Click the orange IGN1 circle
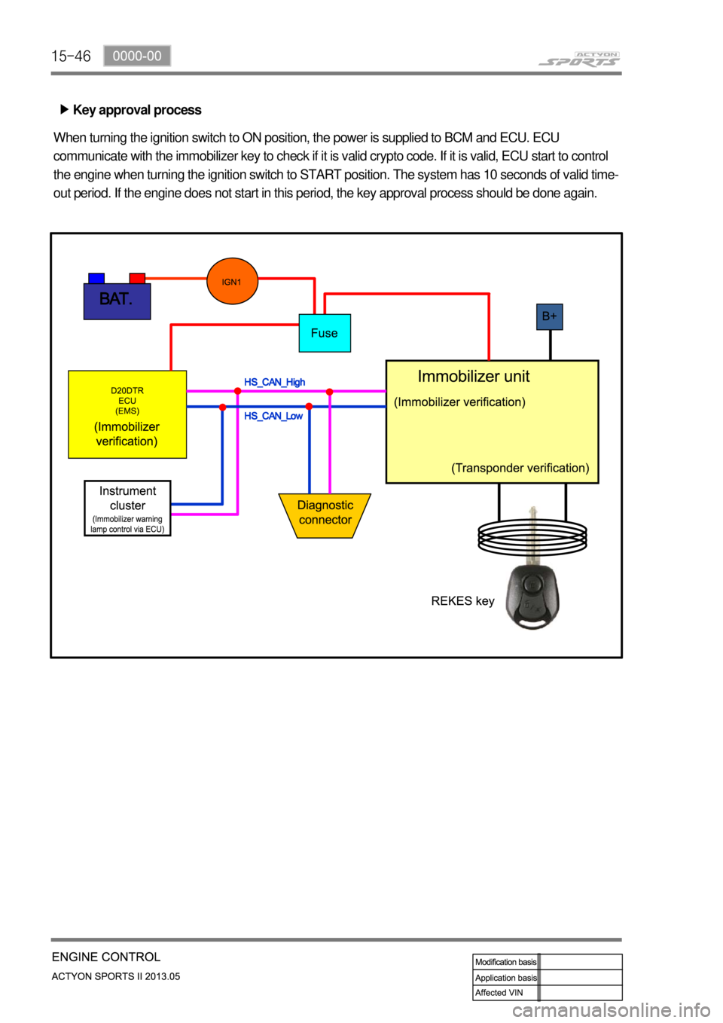[x=233, y=281]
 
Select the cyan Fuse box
[x=325, y=333]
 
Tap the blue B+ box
[x=550, y=316]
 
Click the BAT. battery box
[x=117, y=301]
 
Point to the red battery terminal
[x=137, y=278]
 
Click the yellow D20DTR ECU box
[x=127, y=414]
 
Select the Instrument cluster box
[x=127, y=508]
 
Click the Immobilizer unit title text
[x=473, y=377]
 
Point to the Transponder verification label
[x=520, y=468]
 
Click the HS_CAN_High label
[x=274, y=382]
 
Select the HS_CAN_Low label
[x=273, y=416]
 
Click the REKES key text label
[x=462, y=600]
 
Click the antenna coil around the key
[x=532, y=536]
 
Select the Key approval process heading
[x=136, y=110]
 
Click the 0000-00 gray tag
[x=137, y=56]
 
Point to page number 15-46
[x=71, y=56]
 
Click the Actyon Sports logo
[x=579, y=59]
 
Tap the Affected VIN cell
[x=505, y=993]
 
